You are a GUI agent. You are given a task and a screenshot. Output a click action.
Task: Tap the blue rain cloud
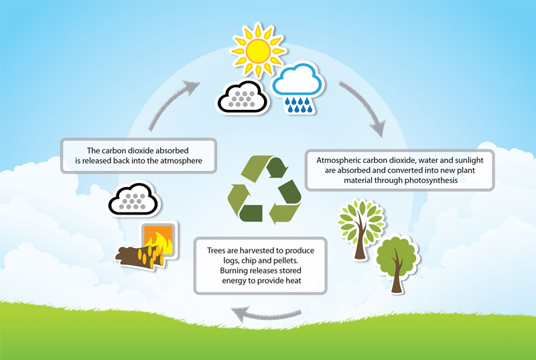[298, 86]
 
